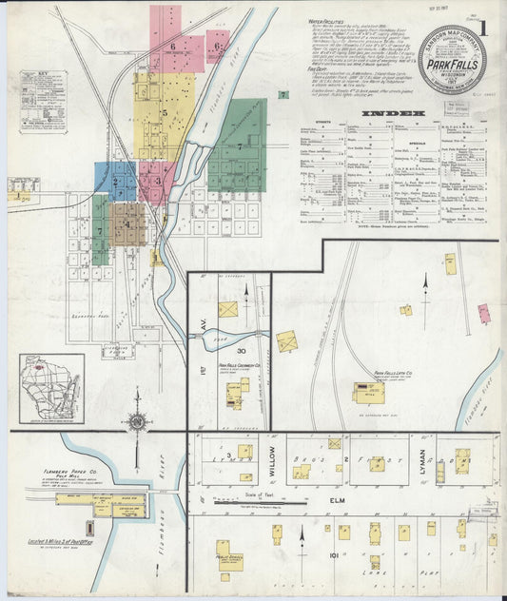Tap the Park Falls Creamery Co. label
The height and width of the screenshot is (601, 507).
point(232,365)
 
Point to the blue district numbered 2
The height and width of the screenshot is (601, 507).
point(116,181)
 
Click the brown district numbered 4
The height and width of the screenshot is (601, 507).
point(128,224)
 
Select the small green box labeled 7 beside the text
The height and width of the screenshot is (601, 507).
point(283,94)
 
